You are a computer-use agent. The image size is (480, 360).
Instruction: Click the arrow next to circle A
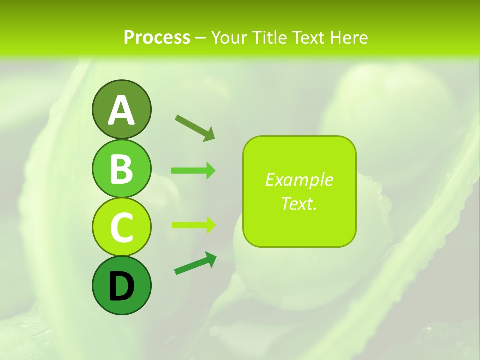(x=195, y=127)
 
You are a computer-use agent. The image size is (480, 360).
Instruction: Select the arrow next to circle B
(x=193, y=171)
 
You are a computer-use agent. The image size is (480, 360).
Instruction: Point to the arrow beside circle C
(x=193, y=225)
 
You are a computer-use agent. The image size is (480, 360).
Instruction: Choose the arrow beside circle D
(x=195, y=263)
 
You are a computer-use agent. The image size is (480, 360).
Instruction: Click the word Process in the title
(x=157, y=38)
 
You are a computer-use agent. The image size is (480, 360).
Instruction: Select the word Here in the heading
(x=350, y=38)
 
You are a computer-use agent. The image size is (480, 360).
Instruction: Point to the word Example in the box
(x=299, y=180)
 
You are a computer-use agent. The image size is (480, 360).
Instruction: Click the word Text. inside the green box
(x=299, y=204)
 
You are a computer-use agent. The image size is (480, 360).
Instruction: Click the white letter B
(x=121, y=169)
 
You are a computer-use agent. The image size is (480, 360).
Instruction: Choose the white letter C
(x=121, y=227)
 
